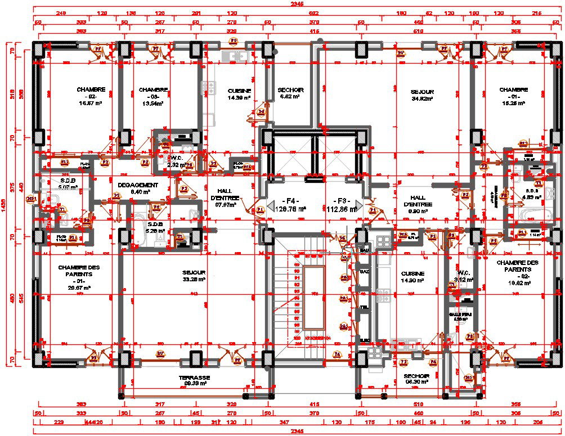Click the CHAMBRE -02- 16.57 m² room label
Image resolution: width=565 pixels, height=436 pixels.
click(x=91, y=96)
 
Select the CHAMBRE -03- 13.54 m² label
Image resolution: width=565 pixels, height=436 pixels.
click(x=153, y=96)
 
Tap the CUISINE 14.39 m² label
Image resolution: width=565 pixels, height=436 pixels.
click(x=239, y=94)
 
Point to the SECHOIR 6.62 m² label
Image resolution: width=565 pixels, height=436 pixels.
click(x=291, y=93)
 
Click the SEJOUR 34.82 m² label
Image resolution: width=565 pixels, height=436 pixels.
click(x=423, y=95)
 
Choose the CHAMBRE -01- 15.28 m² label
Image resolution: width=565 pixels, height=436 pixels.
click(x=513, y=96)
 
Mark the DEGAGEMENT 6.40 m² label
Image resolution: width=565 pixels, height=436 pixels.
click(x=137, y=188)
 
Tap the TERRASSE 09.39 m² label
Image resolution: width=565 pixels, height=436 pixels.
click(x=194, y=380)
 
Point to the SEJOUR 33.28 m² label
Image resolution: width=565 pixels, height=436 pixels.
click(x=194, y=275)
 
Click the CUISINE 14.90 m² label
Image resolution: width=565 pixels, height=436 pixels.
click(x=412, y=277)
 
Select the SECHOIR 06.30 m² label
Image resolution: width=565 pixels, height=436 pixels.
click(x=416, y=378)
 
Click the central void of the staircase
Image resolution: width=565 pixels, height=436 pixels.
click(x=313, y=298)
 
